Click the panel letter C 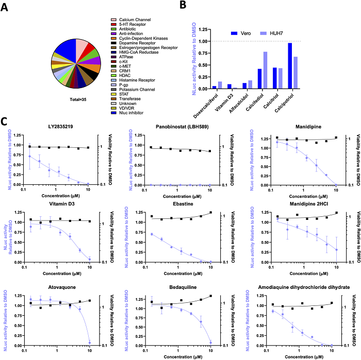[x=5, y=123]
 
